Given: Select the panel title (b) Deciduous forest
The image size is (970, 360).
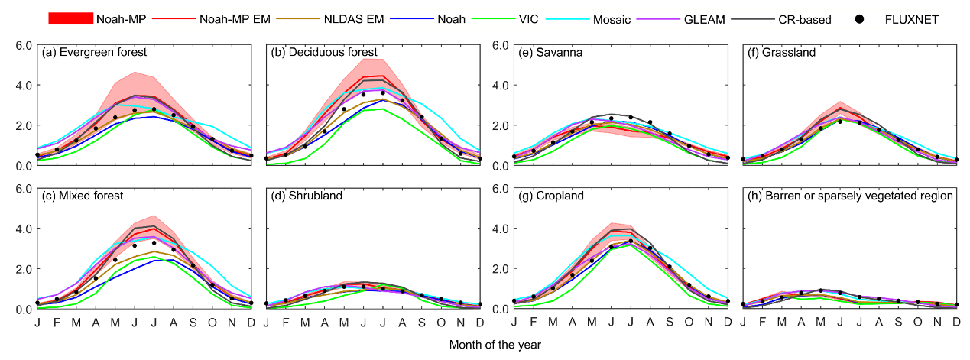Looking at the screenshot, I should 324,53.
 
